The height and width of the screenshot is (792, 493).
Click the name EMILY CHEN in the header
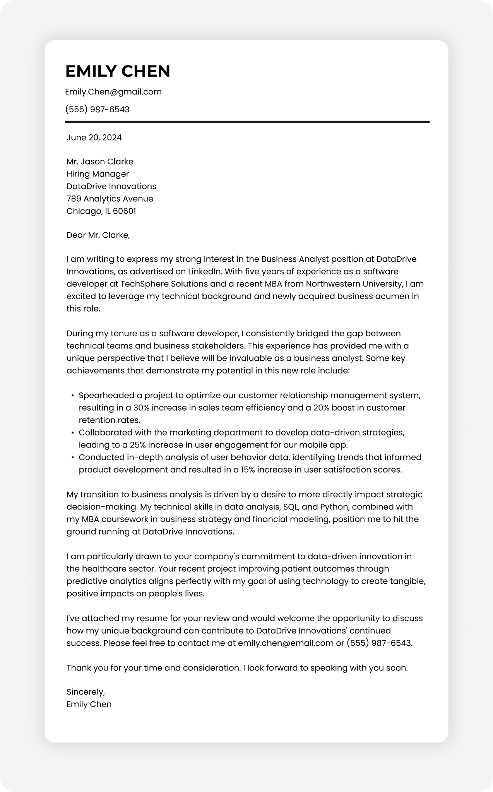[118, 71]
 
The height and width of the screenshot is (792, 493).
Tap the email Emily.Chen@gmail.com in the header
[113, 92]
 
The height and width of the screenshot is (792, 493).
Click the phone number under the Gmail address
[97, 109]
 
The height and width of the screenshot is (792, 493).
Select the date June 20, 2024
[94, 137]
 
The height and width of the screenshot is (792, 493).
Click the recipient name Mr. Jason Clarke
[100, 161]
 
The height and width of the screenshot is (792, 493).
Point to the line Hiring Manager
[98, 174]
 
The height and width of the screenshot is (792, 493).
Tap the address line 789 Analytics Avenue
[110, 199]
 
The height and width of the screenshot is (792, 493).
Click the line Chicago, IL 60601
[101, 211]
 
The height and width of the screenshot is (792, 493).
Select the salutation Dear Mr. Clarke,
[98, 235]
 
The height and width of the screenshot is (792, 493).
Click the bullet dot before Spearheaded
[72, 396]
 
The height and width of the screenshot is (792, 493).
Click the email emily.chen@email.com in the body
[286, 643]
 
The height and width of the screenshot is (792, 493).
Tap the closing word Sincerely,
[86, 692]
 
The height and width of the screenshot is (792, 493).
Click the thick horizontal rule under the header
[247, 122]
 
